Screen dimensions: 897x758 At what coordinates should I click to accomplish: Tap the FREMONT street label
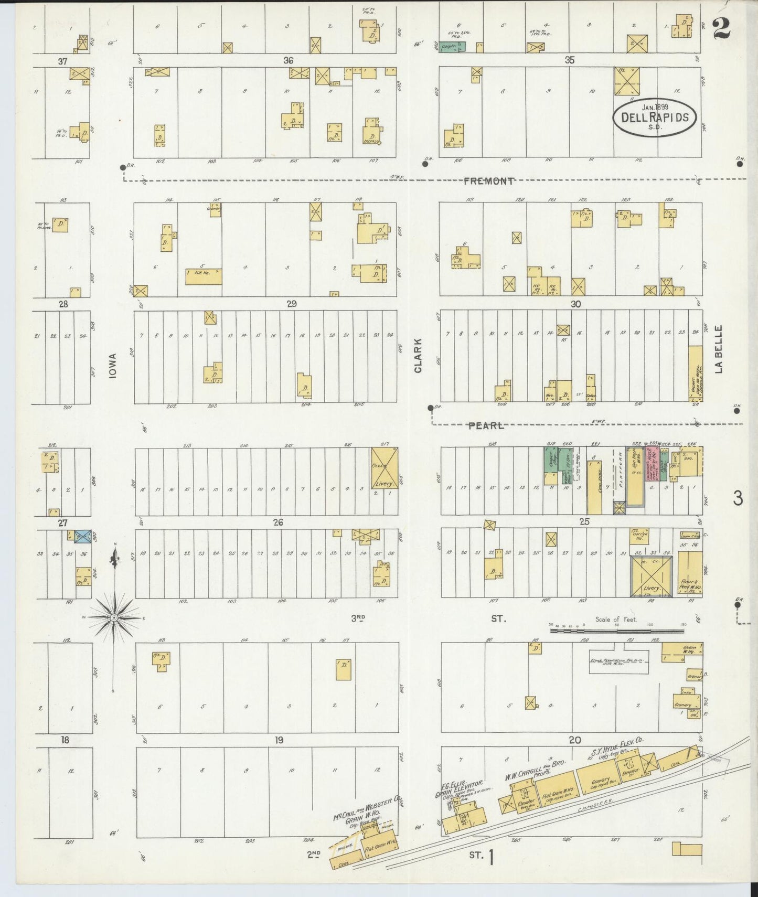tap(488, 181)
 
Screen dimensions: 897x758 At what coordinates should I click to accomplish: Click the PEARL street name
tap(486, 426)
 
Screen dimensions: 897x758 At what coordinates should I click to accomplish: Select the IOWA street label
tap(113, 365)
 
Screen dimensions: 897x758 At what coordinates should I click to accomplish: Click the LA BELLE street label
tap(719, 349)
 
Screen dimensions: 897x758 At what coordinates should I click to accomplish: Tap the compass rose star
tap(113, 617)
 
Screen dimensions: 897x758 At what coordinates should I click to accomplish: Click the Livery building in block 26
tap(384, 468)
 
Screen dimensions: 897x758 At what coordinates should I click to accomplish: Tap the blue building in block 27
tap(83, 536)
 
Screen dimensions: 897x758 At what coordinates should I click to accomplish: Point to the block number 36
tap(288, 60)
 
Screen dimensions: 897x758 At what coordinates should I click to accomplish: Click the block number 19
tap(279, 740)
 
